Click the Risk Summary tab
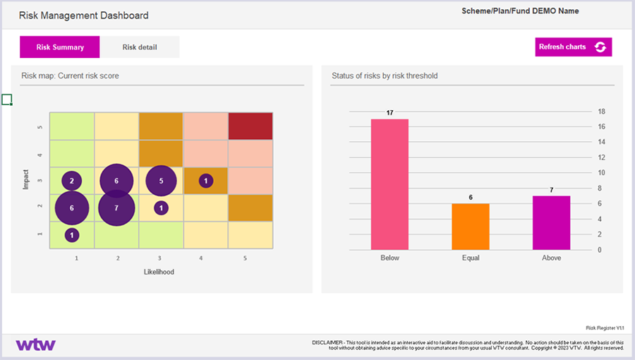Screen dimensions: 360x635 pyautogui.click(x=60, y=47)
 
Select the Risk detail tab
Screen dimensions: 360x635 pyautogui.click(x=140, y=47)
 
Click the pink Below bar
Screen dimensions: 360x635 pyautogui.click(x=389, y=184)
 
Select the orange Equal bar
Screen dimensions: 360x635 pyautogui.click(x=470, y=226)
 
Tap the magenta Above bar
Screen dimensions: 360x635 pyautogui.click(x=551, y=222)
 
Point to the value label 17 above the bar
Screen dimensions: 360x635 pyautogui.click(x=389, y=113)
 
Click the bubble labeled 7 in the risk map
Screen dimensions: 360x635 pyautogui.click(x=116, y=208)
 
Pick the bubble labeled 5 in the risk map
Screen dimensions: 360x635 pyautogui.click(x=161, y=181)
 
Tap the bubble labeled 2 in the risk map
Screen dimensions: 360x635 pyautogui.click(x=71, y=181)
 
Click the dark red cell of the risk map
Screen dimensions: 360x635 pyautogui.click(x=250, y=126)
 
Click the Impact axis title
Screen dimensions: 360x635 pyautogui.click(x=26, y=180)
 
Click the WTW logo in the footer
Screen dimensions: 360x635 pyautogui.click(x=35, y=345)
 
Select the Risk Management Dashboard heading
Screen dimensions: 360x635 pyautogui.click(x=83, y=15)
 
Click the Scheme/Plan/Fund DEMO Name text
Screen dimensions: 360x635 pyautogui.click(x=520, y=11)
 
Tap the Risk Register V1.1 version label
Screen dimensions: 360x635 pyautogui.click(x=605, y=328)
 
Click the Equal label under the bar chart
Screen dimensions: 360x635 pyautogui.click(x=470, y=258)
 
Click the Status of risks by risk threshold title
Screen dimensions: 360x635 pyautogui.click(x=385, y=76)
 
